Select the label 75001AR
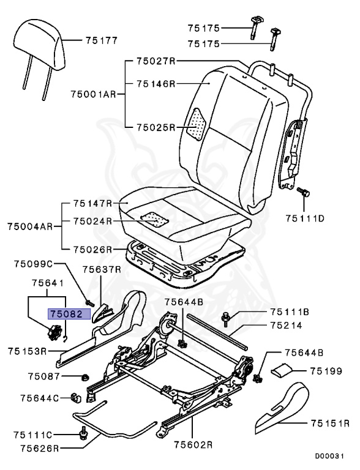(x=92, y=94)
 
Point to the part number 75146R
(x=156, y=83)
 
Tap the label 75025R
(x=156, y=127)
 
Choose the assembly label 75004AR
(x=29, y=226)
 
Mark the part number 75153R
(x=28, y=351)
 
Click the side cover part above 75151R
(x=283, y=402)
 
